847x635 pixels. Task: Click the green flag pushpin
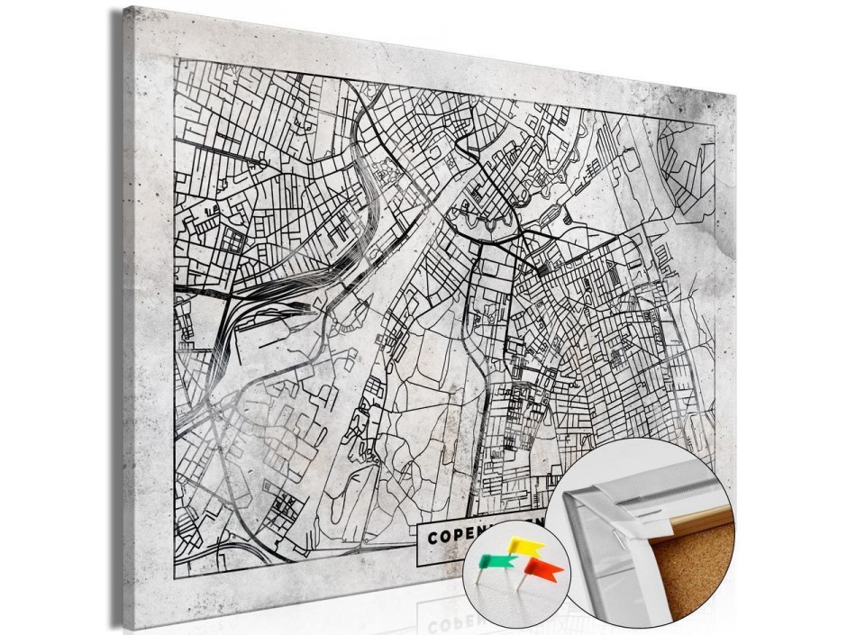pyautogui.click(x=496, y=561)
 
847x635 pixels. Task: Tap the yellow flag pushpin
pyautogui.click(x=526, y=546)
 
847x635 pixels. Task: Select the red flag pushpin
pyautogui.click(x=543, y=569)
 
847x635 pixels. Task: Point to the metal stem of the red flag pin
pyautogui.click(x=522, y=584)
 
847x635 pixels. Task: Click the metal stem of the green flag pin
pyautogui.click(x=487, y=576)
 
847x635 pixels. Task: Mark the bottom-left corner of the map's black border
pyautogui.click(x=175, y=576)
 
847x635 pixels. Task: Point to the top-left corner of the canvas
pyautogui.click(x=125, y=7)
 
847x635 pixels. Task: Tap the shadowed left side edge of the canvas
pyautogui.click(x=118, y=315)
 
